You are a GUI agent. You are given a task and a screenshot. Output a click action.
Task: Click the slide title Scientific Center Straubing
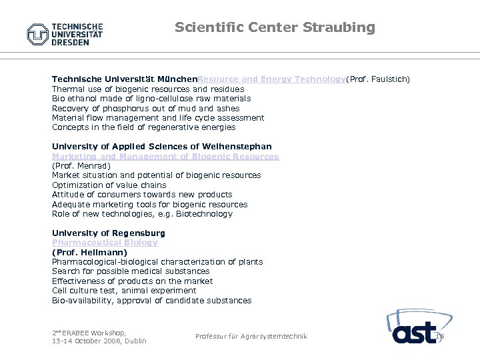[275, 27]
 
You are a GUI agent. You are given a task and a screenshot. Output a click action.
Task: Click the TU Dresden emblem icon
[38, 34]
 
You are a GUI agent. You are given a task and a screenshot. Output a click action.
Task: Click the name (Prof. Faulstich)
[377, 79]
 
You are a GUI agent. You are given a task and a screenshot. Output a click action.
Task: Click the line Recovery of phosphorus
[145, 109]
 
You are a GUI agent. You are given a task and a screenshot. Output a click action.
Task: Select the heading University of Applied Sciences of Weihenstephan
[161, 147]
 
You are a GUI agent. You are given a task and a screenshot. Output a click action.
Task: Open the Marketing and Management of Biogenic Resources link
[165, 157]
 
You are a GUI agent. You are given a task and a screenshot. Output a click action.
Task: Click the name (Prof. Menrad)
[80, 166]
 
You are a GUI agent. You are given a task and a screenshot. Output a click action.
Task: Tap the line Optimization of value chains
[109, 185]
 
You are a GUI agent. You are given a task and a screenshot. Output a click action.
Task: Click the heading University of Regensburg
[108, 233]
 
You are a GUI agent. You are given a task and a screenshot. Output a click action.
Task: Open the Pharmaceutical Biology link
[105, 243]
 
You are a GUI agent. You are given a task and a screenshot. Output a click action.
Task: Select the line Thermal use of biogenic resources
[147, 89]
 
